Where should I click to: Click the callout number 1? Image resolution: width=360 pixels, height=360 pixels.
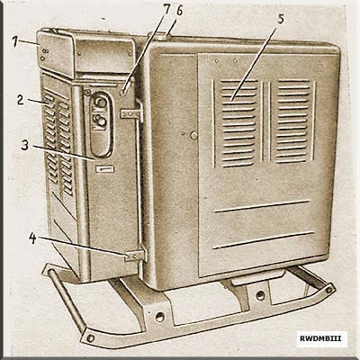(x=15, y=41)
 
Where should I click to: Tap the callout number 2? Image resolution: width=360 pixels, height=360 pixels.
(x=21, y=100)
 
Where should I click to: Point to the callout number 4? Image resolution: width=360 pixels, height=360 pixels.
(x=32, y=238)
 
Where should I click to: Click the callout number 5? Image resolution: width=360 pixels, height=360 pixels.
(x=281, y=19)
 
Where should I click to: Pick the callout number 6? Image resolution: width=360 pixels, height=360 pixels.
(x=179, y=11)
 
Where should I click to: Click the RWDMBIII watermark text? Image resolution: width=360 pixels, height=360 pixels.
(x=320, y=338)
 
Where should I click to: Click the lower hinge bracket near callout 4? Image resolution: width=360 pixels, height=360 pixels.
(x=135, y=256)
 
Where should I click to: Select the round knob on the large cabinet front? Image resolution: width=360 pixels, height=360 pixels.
(x=193, y=135)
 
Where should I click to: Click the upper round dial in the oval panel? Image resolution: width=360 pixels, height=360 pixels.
(x=102, y=103)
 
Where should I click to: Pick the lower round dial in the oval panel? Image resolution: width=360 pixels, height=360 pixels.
(x=102, y=121)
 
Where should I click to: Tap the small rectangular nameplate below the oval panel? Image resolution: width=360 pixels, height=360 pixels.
(x=104, y=169)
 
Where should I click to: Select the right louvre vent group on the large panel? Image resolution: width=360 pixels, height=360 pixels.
(x=293, y=121)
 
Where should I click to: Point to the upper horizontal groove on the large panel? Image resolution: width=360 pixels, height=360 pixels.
(x=262, y=206)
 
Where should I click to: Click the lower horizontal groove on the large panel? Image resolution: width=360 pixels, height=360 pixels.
(x=264, y=239)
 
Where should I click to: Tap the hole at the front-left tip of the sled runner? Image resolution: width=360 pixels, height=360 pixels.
(x=90, y=338)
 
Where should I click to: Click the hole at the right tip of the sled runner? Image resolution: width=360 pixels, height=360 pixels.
(x=328, y=290)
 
